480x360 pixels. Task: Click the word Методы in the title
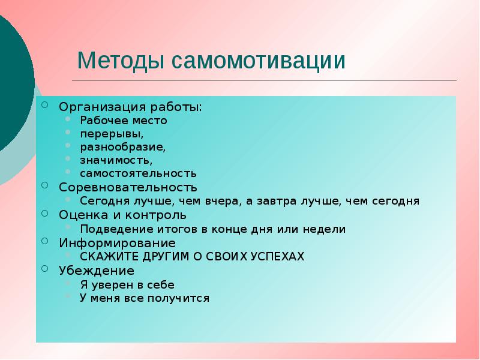point(121,61)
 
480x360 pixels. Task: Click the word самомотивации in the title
point(259,61)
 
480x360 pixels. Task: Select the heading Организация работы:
point(130,106)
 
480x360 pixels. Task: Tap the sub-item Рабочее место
point(124,120)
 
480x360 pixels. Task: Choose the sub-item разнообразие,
point(123,146)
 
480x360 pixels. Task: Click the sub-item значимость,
point(116,160)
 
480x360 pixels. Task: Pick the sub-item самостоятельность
point(138,173)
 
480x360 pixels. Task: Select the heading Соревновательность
point(127,187)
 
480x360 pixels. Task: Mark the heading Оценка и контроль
point(122,214)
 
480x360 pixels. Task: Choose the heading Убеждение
point(96,271)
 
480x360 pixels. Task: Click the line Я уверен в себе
point(127,284)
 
